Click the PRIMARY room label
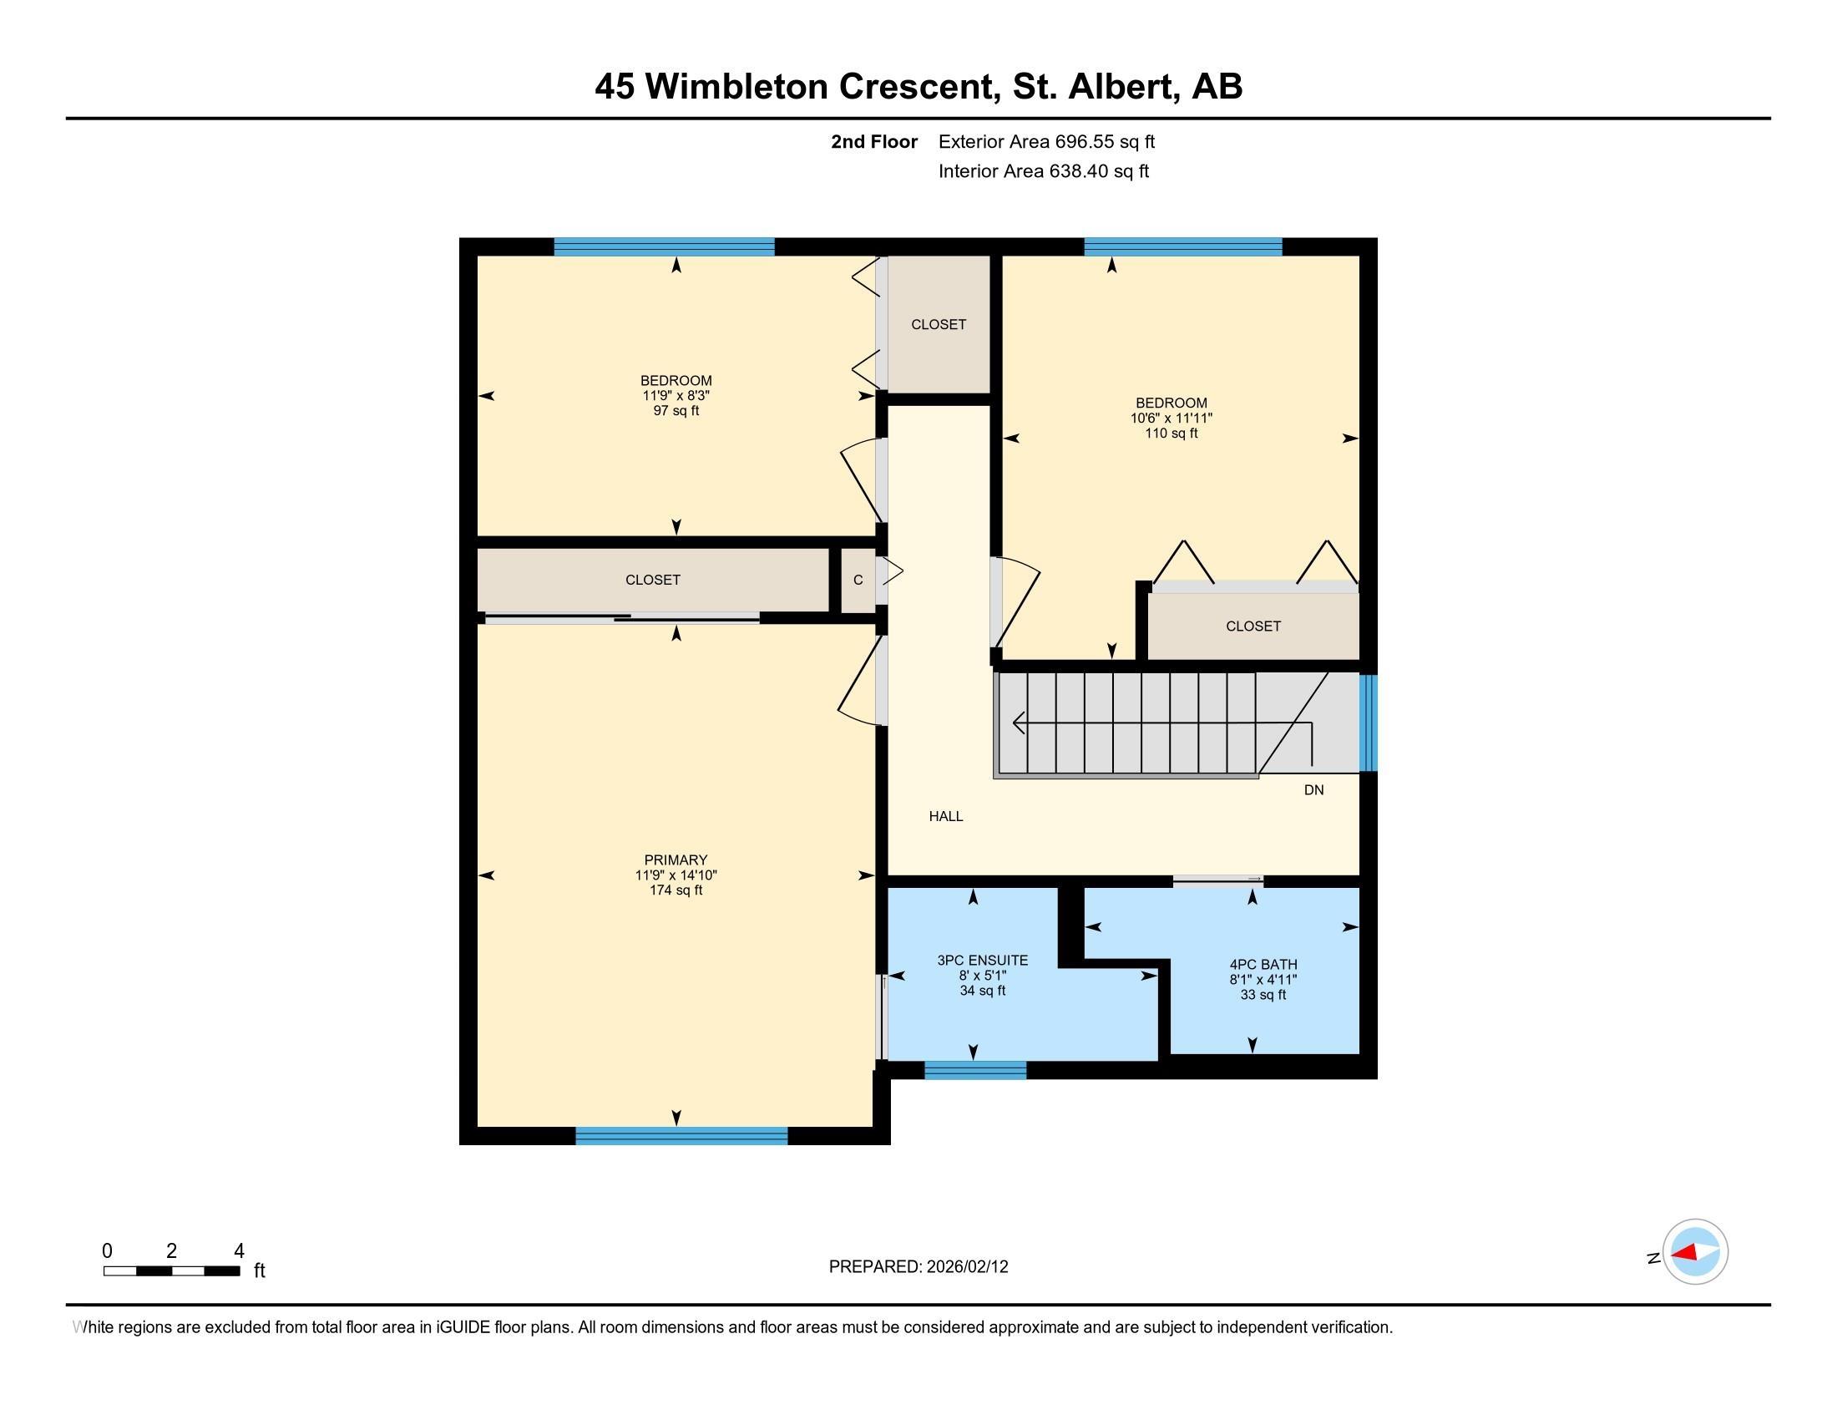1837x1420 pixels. [676, 860]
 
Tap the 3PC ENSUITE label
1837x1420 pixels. [983, 961]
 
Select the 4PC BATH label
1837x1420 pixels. [1263, 965]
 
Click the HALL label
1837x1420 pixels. [945, 816]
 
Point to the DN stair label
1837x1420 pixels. [1313, 790]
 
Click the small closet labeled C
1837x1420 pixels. [858, 581]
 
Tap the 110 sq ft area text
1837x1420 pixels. [1171, 434]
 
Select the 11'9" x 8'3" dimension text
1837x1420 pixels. [676, 395]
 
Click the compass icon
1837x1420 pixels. [1694, 1252]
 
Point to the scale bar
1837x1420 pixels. [171, 1270]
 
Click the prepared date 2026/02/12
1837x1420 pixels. [965, 1267]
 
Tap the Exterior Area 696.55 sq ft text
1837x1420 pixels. [1046, 141]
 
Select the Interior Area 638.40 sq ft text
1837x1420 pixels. [1043, 171]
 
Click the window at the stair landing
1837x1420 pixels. [1368, 723]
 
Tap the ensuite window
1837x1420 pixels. [974, 1070]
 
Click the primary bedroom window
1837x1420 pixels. [681, 1136]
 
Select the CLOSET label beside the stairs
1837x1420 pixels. [1252, 626]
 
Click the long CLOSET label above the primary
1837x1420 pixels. [653, 580]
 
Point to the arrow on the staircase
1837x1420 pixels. [1019, 722]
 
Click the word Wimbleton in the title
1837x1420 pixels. [736, 87]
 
